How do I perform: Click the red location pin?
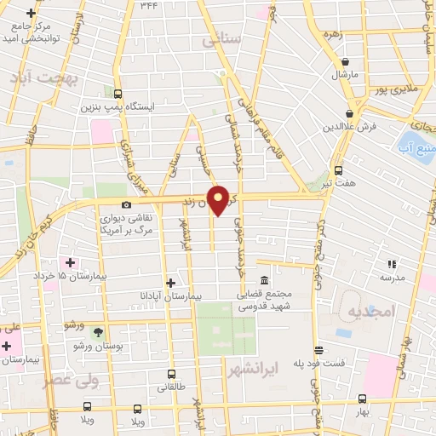tap(219, 199)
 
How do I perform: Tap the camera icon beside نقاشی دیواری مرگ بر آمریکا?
tap(127, 204)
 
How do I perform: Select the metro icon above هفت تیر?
tap(340, 169)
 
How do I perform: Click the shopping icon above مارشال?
tap(346, 61)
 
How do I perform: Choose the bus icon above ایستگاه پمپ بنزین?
tap(117, 95)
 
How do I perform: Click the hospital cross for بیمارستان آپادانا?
tap(170, 282)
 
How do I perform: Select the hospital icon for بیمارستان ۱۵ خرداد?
tap(72, 262)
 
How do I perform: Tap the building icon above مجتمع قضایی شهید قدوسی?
tap(264, 281)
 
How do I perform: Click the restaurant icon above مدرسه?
tap(393, 265)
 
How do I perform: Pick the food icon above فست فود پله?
tap(318, 349)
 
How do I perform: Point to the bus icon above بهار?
tap(362, 399)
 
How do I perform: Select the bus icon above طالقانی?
tap(171, 373)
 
